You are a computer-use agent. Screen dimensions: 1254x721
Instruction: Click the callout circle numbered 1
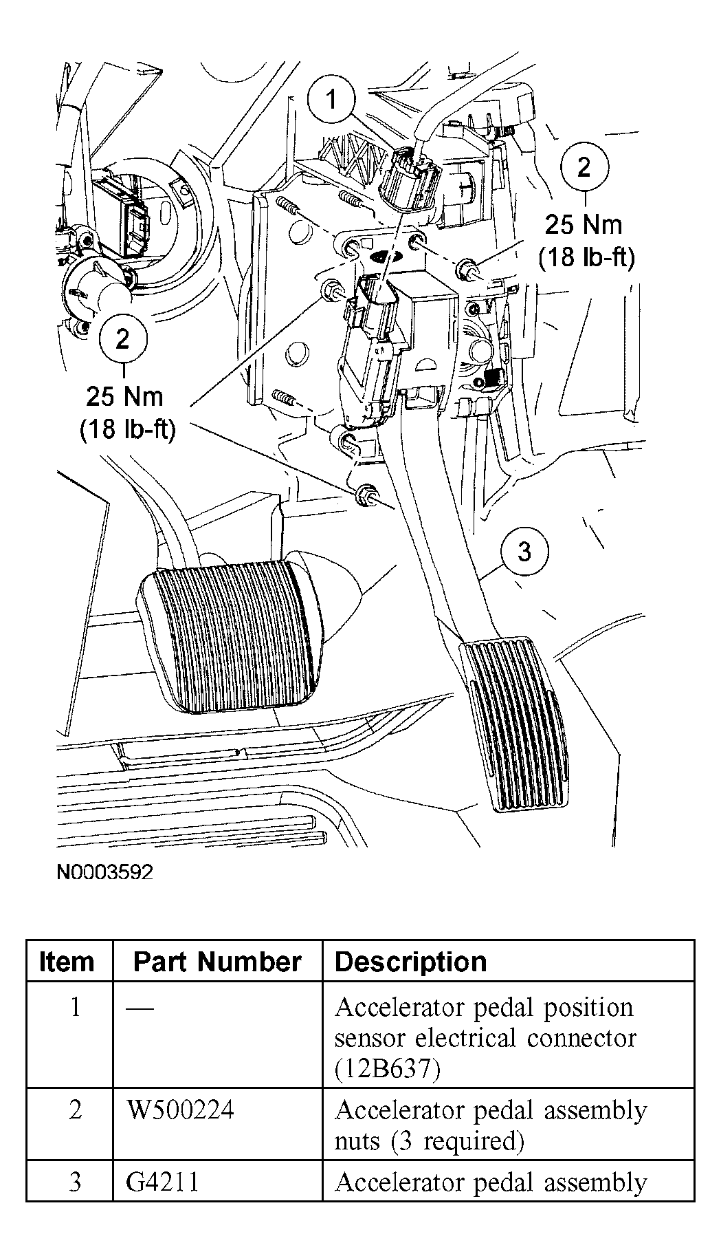tap(332, 100)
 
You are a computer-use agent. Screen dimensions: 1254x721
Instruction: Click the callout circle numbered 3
tap(524, 552)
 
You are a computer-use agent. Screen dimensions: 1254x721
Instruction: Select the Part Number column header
tap(217, 962)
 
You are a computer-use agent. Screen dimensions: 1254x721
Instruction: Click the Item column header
tap(67, 962)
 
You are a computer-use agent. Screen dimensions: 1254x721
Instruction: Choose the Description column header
tap(410, 962)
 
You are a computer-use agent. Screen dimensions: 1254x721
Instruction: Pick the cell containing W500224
tap(180, 1110)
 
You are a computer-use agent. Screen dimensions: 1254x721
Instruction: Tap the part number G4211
tap(163, 1182)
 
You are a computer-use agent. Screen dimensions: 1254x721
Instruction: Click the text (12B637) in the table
tap(387, 1069)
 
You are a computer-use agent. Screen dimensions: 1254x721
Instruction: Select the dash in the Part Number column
tap(140, 1008)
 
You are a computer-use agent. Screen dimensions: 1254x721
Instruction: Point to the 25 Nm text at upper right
tap(584, 225)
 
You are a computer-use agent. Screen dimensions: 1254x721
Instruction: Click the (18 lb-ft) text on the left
tap(127, 430)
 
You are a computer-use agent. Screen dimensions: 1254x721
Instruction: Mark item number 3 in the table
tap(75, 1182)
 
